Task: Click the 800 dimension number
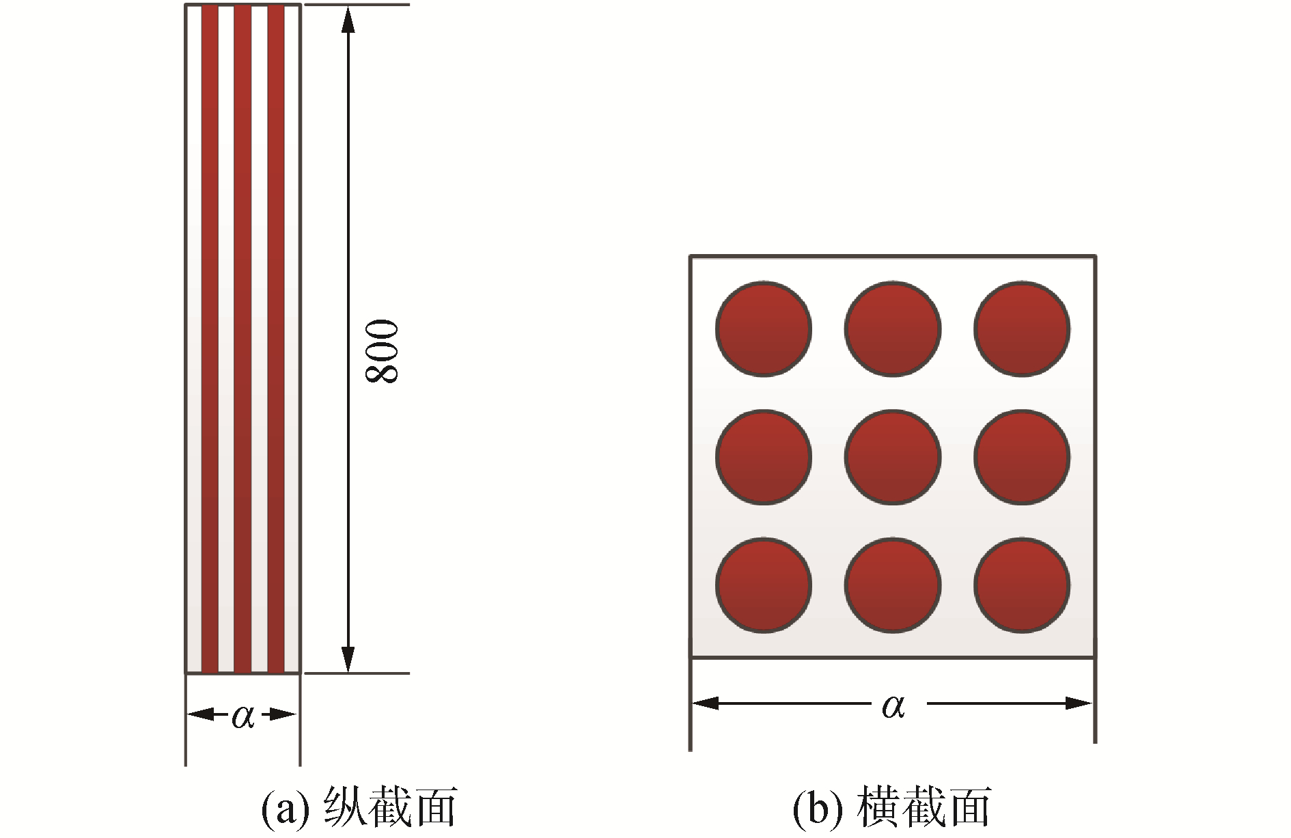(x=382, y=351)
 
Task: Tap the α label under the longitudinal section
(x=243, y=716)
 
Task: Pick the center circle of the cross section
(x=893, y=457)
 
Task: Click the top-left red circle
(x=764, y=329)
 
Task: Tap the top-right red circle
(x=1022, y=329)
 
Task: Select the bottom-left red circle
(x=764, y=586)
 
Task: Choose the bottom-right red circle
(x=1022, y=586)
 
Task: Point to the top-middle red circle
(x=893, y=329)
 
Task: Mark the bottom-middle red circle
(x=893, y=586)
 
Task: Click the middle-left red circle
(x=764, y=457)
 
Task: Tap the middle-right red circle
(x=1022, y=457)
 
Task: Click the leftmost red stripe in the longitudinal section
(x=210, y=339)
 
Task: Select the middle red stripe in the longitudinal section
(x=243, y=339)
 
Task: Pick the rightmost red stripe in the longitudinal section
(x=276, y=339)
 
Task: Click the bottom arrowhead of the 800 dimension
(x=348, y=659)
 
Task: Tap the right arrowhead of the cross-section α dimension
(x=1079, y=703)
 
